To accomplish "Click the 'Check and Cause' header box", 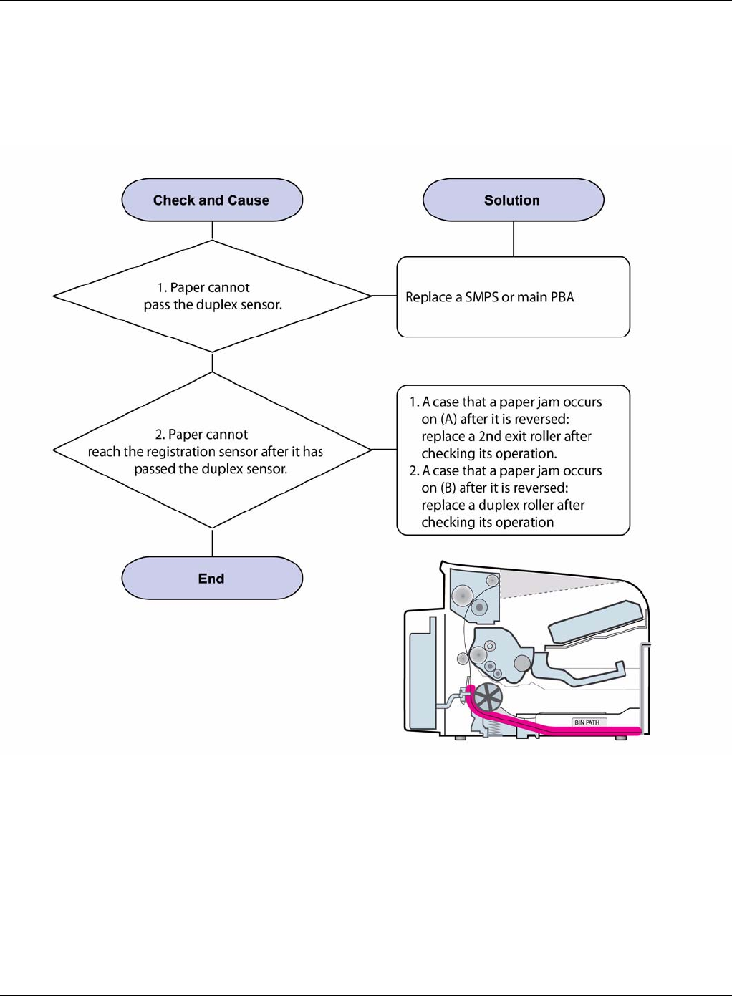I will (x=212, y=200).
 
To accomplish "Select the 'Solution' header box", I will (x=513, y=200).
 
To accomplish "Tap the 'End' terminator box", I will (x=212, y=578).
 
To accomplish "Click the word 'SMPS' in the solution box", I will (x=481, y=297).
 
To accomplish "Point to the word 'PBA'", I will (x=562, y=297).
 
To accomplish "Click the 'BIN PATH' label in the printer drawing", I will (x=587, y=722).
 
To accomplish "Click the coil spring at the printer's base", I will (x=492, y=727).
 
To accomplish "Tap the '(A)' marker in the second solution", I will (x=448, y=420).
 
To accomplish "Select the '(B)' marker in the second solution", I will (x=448, y=488).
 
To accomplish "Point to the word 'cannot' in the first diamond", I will (x=231, y=287).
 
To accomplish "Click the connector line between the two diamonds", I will (x=213, y=362).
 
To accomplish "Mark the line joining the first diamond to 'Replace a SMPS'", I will (x=384, y=296).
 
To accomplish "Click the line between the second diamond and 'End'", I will (x=213, y=542).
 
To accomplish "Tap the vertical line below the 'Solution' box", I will (x=514, y=238).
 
